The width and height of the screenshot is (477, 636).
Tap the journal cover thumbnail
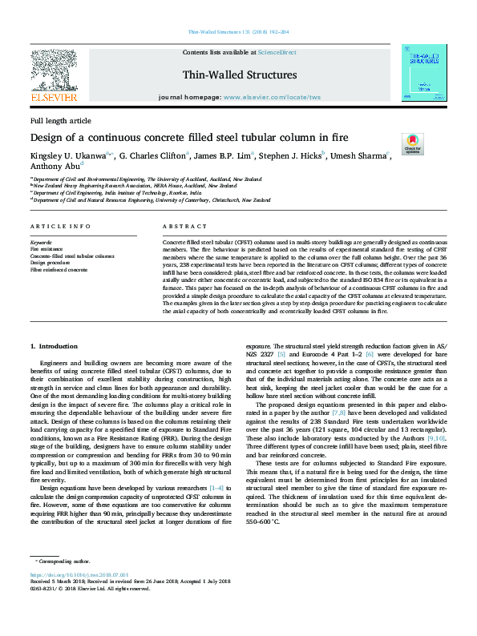(x=423, y=73)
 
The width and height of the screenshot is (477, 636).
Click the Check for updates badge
(x=412, y=143)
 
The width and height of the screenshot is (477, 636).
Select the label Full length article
(x=61, y=120)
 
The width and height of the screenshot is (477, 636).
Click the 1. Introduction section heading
(x=54, y=346)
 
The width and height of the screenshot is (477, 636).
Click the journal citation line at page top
(x=238, y=32)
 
